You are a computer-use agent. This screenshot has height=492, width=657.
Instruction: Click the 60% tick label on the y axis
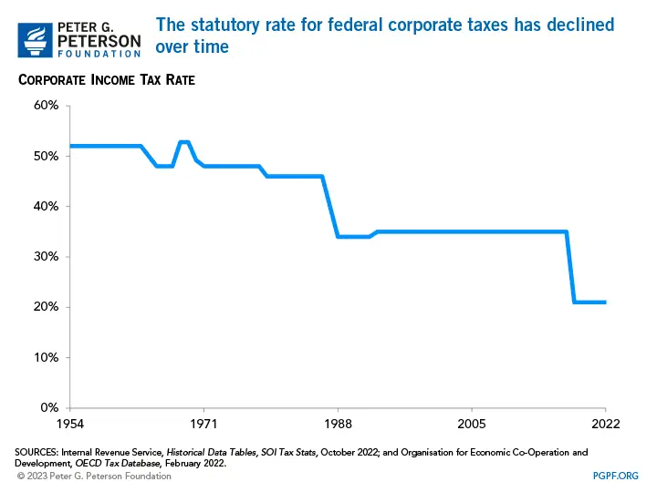click(x=47, y=106)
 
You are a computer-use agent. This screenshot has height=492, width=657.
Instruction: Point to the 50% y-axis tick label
click(x=47, y=156)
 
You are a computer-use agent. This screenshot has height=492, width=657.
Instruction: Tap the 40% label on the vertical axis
click(x=47, y=206)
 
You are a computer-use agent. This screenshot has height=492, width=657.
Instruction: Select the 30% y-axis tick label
click(x=47, y=256)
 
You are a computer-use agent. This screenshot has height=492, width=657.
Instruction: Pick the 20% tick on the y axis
click(x=47, y=307)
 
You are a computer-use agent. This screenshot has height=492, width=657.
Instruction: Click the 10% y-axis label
click(x=47, y=357)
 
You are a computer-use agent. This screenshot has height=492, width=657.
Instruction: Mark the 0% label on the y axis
click(x=49, y=407)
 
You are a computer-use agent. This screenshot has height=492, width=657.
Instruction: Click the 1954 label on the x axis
click(x=70, y=425)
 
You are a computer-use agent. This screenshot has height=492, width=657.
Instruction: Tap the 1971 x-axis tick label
click(x=203, y=425)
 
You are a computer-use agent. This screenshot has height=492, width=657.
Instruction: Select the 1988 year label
click(x=338, y=425)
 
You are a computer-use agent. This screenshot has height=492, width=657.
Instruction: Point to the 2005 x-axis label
click(x=472, y=425)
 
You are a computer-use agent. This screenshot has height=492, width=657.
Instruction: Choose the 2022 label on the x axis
click(x=605, y=425)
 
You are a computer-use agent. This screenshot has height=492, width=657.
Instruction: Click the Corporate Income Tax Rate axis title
click(x=107, y=80)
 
